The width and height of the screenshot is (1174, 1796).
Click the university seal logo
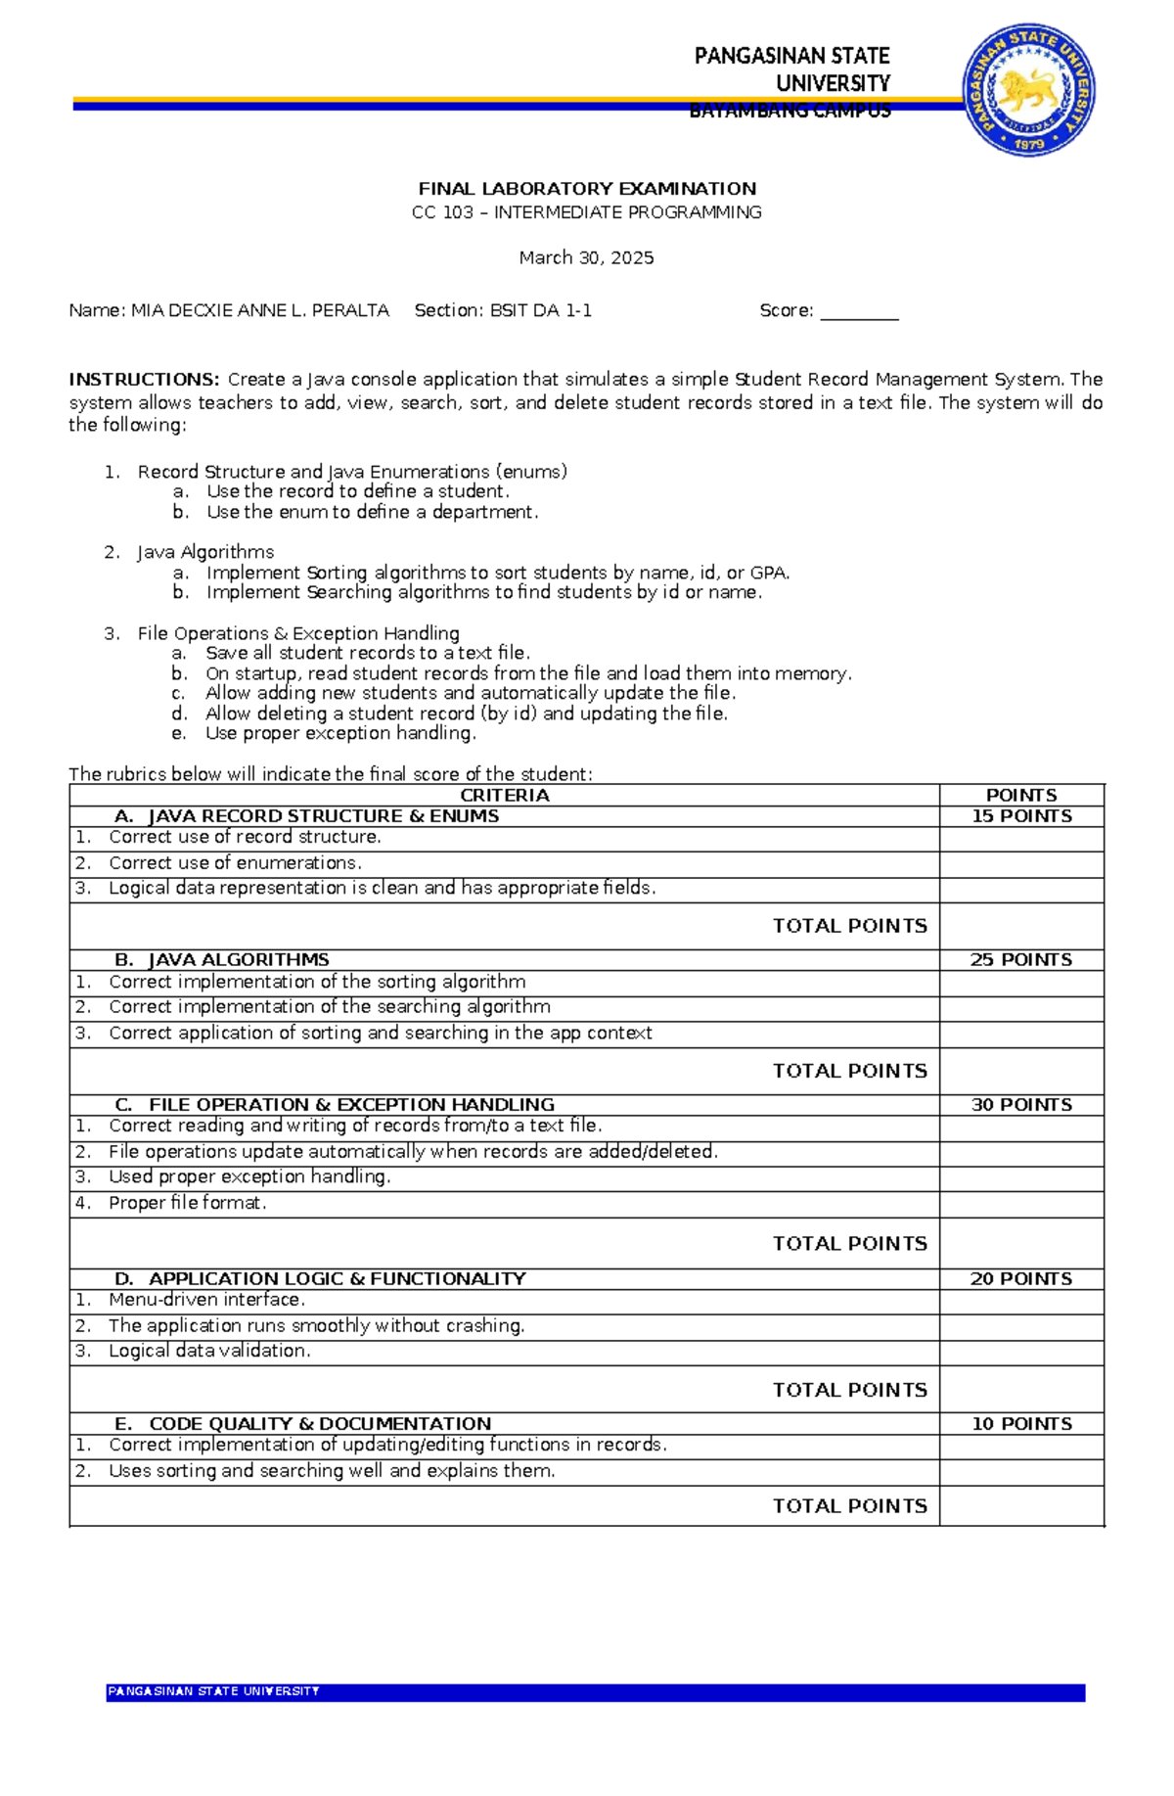[1028, 90]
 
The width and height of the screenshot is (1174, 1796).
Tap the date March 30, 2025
[586, 257]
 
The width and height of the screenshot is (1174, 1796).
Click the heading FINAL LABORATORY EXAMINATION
[587, 189]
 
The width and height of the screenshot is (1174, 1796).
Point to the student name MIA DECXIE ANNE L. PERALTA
[260, 311]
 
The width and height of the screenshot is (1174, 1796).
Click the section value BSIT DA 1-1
[541, 311]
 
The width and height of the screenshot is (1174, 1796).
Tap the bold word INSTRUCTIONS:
[145, 380]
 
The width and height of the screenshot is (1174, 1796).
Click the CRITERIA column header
[504, 796]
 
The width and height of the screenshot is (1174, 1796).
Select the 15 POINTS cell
[1021, 816]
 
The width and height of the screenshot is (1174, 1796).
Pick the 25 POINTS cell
[1021, 960]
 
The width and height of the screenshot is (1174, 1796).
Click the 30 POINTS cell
[1021, 1105]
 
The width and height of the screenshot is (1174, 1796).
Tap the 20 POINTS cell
[1021, 1279]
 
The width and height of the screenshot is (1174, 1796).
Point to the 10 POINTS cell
[1021, 1424]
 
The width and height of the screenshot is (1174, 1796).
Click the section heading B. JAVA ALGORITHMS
[222, 960]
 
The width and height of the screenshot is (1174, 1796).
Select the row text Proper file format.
[187, 1203]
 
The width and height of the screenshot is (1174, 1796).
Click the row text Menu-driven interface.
[206, 1300]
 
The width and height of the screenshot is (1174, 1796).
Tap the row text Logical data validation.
[209, 1351]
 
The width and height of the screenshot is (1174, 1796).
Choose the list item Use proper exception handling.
[340, 733]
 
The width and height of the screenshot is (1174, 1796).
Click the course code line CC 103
[586, 212]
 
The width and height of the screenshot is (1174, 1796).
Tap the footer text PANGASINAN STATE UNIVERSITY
[213, 1691]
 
